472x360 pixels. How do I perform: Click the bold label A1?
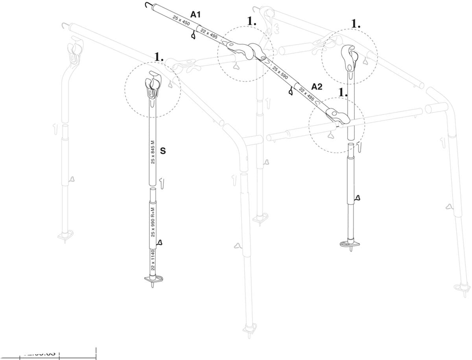[195, 15]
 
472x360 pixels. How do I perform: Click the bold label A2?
[317, 86]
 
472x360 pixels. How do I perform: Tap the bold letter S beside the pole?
[163, 151]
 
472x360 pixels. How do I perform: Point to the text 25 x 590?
[281, 74]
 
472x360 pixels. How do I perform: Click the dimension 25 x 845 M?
[153, 151]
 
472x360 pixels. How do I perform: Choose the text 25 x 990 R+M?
[153, 222]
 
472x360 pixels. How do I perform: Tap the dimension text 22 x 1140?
[153, 263]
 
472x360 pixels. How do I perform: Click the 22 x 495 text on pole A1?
[209, 33]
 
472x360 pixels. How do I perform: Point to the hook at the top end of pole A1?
[148, 5]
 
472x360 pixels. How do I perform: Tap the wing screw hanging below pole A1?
[193, 35]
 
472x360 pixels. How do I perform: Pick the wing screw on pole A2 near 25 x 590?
[291, 92]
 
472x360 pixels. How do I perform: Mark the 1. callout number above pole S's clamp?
[159, 57]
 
